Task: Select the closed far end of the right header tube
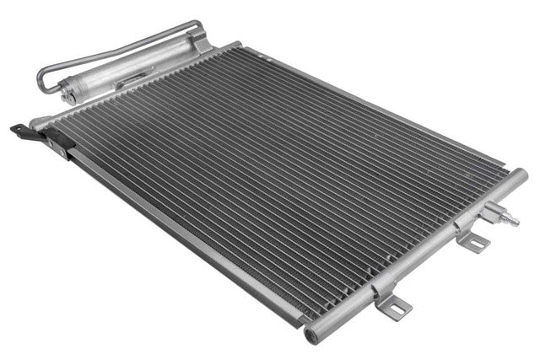519,175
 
